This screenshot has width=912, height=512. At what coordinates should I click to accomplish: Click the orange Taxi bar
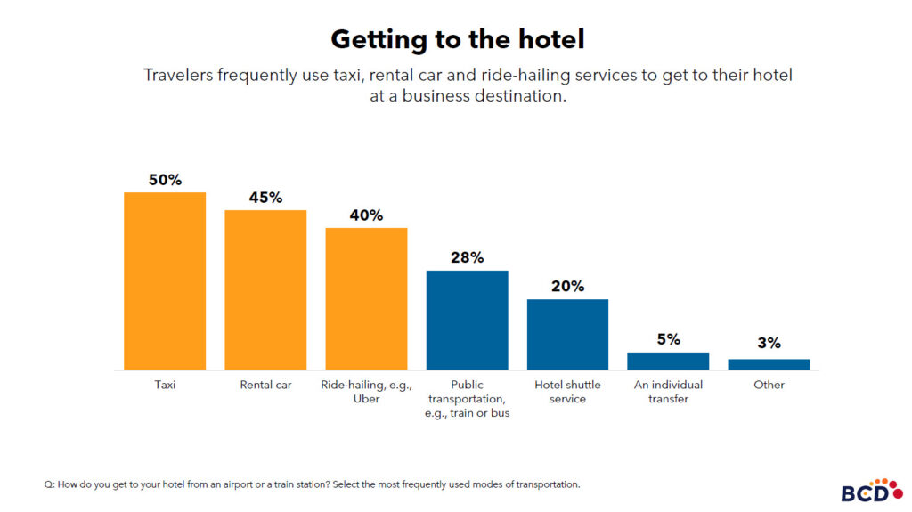pos(165,280)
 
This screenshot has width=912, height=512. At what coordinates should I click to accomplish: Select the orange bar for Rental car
pos(265,289)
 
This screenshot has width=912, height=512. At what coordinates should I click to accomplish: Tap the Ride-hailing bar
pos(366,298)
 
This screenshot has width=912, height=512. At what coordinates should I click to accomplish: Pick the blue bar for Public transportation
pos(467,320)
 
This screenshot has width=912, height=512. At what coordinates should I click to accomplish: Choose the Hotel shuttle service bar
pos(567,334)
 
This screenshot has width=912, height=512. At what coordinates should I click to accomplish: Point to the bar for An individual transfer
pos(668,361)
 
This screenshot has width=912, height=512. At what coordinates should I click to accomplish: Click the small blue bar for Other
pos(769,364)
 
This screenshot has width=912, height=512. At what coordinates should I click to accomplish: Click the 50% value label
pos(165,180)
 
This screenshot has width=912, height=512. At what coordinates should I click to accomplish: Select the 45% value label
pos(265,198)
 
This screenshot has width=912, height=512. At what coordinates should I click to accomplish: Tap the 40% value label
pos(366,215)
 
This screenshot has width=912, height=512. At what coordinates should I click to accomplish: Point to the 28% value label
pos(467,258)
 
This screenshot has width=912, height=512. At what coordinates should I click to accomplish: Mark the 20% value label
pos(567,287)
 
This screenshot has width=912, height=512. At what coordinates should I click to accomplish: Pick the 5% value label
pos(668,339)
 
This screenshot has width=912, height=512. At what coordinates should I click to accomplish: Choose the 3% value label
pos(769,343)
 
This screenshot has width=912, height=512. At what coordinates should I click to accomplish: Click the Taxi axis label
pos(165,385)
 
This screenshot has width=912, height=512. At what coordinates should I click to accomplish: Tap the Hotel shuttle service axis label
pos(567,392)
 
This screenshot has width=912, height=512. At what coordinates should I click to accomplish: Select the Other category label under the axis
pos(769,385)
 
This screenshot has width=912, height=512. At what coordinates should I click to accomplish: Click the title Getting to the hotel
pos(457,39)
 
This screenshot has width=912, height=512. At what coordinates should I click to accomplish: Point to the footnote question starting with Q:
pos(312,484)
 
